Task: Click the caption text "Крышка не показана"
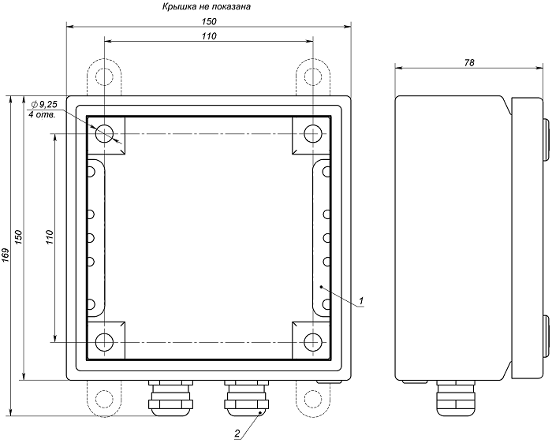(x=207, y=6)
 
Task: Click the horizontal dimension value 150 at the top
(x=209, y=21)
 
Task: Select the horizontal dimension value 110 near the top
(x=209, y=36)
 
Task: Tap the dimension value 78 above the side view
(x=469, y=62)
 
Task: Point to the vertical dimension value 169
(x=6, y=255)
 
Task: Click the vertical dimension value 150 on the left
(x=18, y=238)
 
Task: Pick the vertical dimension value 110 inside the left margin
(x=49, y=237)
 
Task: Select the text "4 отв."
(x=42, y=115)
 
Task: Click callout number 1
(x=361, y=301)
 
